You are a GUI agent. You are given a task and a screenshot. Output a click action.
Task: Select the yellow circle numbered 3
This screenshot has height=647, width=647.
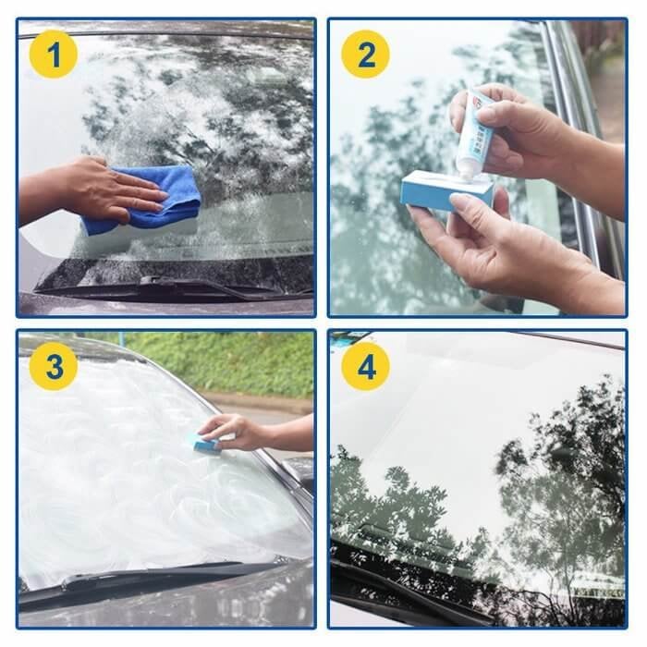pos(53,367)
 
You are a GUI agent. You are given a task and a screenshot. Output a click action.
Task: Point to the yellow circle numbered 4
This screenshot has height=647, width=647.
pos(365,367)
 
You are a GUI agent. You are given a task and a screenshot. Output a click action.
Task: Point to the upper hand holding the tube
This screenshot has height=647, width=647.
pos(518,129)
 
